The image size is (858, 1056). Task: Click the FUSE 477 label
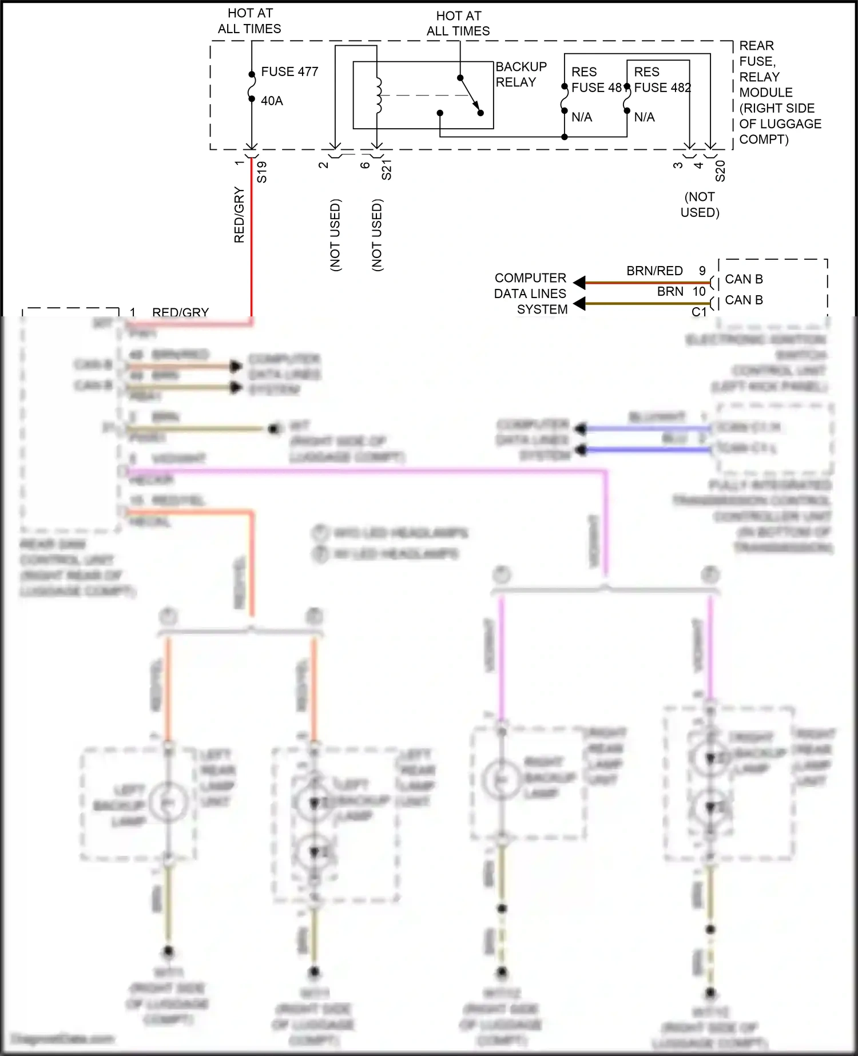click(289, 72)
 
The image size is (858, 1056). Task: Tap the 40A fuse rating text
click(272, 101)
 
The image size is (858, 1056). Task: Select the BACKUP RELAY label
click(521, 74)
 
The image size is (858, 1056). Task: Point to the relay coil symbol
click(378, 95)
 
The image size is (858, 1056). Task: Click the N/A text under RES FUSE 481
click(582, 117)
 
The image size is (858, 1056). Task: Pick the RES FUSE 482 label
click(662, 80)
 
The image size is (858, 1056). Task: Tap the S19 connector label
click(262, 172)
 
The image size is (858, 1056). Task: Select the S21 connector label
click(387, 170)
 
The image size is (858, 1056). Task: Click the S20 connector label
click(720, 171)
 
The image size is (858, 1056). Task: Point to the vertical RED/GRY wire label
click(239, 215)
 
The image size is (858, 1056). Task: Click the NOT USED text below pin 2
click(335, 235)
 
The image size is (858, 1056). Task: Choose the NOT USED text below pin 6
click(377, 235)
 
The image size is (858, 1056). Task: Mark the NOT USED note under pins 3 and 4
click(700, 204)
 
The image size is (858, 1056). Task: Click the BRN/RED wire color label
click(654, 271)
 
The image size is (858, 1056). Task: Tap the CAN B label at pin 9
click(744, 279)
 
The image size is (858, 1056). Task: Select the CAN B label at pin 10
click(744, 300)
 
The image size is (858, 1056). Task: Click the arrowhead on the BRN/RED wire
click(579, 283)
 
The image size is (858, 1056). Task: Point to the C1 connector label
click(699, 312)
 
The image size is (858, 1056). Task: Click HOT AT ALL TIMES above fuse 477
click(249, 21)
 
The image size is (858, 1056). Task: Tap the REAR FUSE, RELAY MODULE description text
click(780, 93)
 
